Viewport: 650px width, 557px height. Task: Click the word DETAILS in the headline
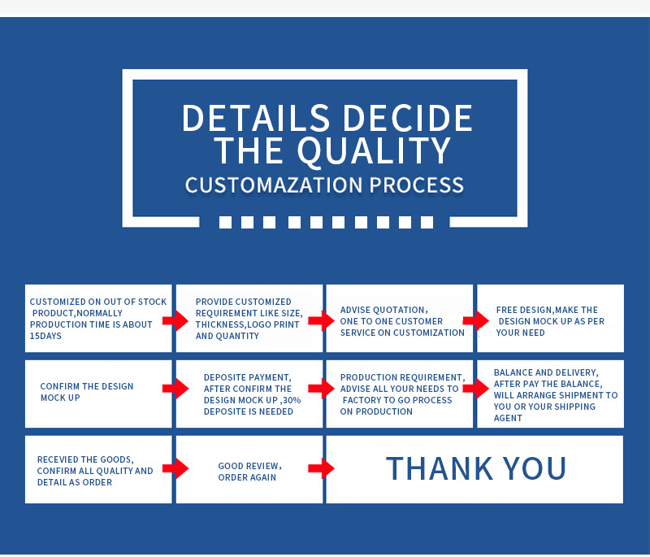tap(245, 118)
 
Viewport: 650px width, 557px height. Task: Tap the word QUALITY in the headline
tap(373, 151)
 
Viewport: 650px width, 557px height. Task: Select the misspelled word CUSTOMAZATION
tap(273, 185)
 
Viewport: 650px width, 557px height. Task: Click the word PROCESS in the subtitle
tap(417, 185)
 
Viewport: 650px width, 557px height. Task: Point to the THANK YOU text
tap(475, 468)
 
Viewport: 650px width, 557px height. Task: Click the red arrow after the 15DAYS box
tap(175, 320)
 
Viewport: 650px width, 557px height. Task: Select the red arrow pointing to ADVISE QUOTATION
tap(321, 320)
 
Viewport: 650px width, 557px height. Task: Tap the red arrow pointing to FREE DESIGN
tap(475, 320)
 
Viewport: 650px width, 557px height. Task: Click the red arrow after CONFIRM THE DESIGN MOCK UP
tap(175, 389)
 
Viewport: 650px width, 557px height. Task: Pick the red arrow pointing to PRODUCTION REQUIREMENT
tap(321, 389)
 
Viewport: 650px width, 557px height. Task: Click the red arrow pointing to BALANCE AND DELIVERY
tap(475, 389)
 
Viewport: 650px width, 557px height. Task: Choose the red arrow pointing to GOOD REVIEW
tap(175, 468)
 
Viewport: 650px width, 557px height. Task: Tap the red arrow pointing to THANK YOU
tap(321, 468)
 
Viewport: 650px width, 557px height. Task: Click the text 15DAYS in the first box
tap(45, 336)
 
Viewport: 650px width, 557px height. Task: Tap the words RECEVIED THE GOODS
tap(85, 459)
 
